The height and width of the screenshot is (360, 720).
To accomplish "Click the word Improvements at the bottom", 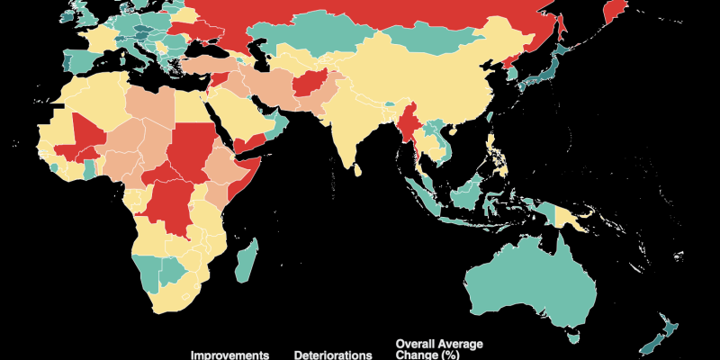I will pyautogui.click(x=229, y=355).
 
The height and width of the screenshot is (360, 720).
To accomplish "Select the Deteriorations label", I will pyautogui.click(x=332, y=355).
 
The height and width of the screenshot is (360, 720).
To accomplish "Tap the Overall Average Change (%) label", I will pyautogui.click(x=439, y=349).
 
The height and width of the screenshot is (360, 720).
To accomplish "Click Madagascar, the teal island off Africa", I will pyautogui.click(x=247, y=257).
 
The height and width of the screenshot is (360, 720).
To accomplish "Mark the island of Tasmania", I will pyautogui.click(x=571, y=338).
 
